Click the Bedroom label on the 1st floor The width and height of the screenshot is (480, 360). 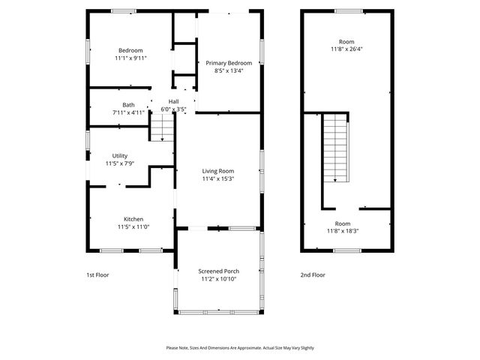click(130, 50)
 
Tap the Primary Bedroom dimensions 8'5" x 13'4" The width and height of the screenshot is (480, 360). click(229, 71)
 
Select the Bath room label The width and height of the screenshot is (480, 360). click(129, 105)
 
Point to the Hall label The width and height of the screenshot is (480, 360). click(174, 101)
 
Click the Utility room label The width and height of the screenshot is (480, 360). click(120, 155)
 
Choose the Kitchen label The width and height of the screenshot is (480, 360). click(133, 219)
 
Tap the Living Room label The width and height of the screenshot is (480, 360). click(218, 171)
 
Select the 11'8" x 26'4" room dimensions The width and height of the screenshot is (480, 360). click(346, 49)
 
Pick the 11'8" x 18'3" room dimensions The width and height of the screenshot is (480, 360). click(343, 231)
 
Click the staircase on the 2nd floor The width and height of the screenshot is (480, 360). click(335, 147)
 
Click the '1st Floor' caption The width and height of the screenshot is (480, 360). click(97, 275)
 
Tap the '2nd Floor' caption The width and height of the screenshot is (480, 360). click(313, 275)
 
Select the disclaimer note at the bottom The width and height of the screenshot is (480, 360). click(240, 347)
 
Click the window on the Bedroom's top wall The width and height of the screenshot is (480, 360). click(124, 10)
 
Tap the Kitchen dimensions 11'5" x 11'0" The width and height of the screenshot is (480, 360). click(133, 226)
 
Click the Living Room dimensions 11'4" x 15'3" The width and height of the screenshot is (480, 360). click(218, 179)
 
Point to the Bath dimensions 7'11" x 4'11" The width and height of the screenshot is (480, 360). click(129, 112)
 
